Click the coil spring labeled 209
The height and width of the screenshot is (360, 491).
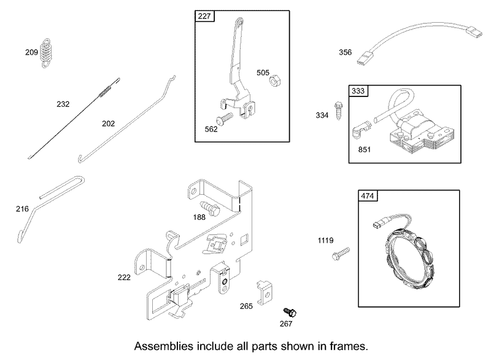(x=47, y=53)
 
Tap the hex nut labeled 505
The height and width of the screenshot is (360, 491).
(x=274, y=81)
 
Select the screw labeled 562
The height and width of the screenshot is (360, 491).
(x=224, y=119)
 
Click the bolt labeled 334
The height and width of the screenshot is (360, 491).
(x=339, y=111)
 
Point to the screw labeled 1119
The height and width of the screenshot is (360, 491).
(x=341, y=254)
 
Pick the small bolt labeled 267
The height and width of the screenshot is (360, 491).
(x=290, y=312)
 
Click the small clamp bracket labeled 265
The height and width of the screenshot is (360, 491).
(x=265, y=292)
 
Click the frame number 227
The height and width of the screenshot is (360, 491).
(x=204, y=16)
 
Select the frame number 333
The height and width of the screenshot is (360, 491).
(x=358, y=91)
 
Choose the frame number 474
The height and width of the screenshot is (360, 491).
(x=367, y=196)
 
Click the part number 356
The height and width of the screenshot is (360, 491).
(x=346, y=52)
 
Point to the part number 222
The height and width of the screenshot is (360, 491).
(x=124, y=277)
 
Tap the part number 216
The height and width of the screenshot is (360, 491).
(x=22, y=209)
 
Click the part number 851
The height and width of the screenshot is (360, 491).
(x=365, y=150)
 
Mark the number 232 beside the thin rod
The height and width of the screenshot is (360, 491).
(x=63, y=104)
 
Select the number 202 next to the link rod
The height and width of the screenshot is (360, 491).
(x=109, y=123)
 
